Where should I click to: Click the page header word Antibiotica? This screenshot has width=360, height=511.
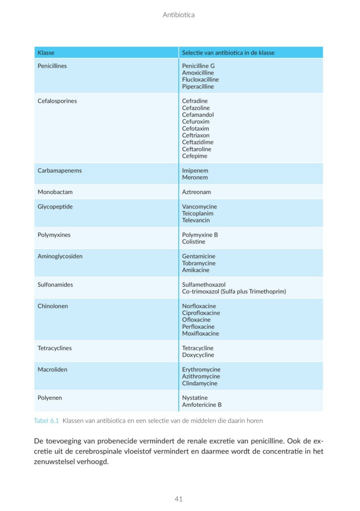pyautogui.click(x=179, y=15)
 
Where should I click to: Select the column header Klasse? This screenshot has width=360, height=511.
pyautogui.click(x=46, y=52)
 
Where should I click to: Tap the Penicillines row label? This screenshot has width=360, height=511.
pyautogui.click(x=52, y=66)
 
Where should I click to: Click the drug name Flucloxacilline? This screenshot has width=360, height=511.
pyautogui.click(x=200, y=79)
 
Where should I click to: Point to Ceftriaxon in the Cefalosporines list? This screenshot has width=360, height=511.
pyautogui.click(x=196, y=135)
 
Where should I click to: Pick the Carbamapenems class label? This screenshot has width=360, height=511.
pyautogui.click(x=60, y=171)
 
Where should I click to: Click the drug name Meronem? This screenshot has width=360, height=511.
pyautogui.click(x=195, y=177)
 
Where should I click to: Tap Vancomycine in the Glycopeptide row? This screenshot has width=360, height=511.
pyautogui.click(x=199, y=207)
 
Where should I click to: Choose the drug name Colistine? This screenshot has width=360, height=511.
pyautogui.click(x=193, y=242)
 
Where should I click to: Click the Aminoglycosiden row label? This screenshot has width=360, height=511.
pyautogui.click(x=60, y=256)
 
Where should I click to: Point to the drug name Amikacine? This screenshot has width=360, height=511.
pyautogui.click(x=196, y=270)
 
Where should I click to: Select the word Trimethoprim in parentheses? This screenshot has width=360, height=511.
pyautogui.click(x=266, y=291)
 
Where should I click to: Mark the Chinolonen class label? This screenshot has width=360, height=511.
pyautogui.click(x=53, y=306)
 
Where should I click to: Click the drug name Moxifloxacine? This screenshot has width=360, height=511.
pyautogui.click(x=200, y=333)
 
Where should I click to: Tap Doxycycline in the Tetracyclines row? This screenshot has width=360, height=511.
pyautogui.click(x=198, y=355)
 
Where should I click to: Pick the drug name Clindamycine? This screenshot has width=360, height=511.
pyautogui.click(x=200, y=383)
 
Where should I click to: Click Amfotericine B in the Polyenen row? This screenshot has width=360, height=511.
pyautogui.click(x=202, y=405)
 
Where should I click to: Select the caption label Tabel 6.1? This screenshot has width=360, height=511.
pyautogui.click(x=46, y=421)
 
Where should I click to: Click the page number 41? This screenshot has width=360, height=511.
pyautogui.click(x=179, y=499)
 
